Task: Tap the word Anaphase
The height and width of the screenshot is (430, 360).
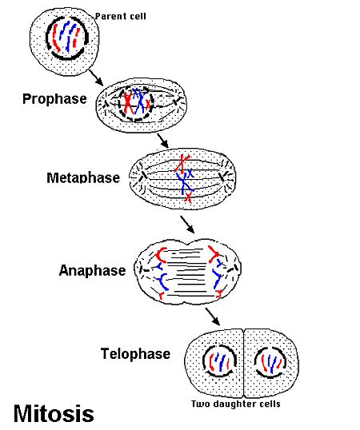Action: [92, 270]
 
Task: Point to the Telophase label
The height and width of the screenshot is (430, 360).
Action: [135, 352]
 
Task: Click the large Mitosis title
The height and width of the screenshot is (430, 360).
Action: [54, 413]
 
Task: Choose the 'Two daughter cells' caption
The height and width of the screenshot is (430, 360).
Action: [235, 403]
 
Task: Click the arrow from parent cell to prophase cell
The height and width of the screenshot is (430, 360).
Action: [95, 77]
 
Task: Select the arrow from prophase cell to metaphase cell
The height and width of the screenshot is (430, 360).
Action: [163, 139]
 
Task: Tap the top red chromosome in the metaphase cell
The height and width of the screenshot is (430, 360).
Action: [183, 162]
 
